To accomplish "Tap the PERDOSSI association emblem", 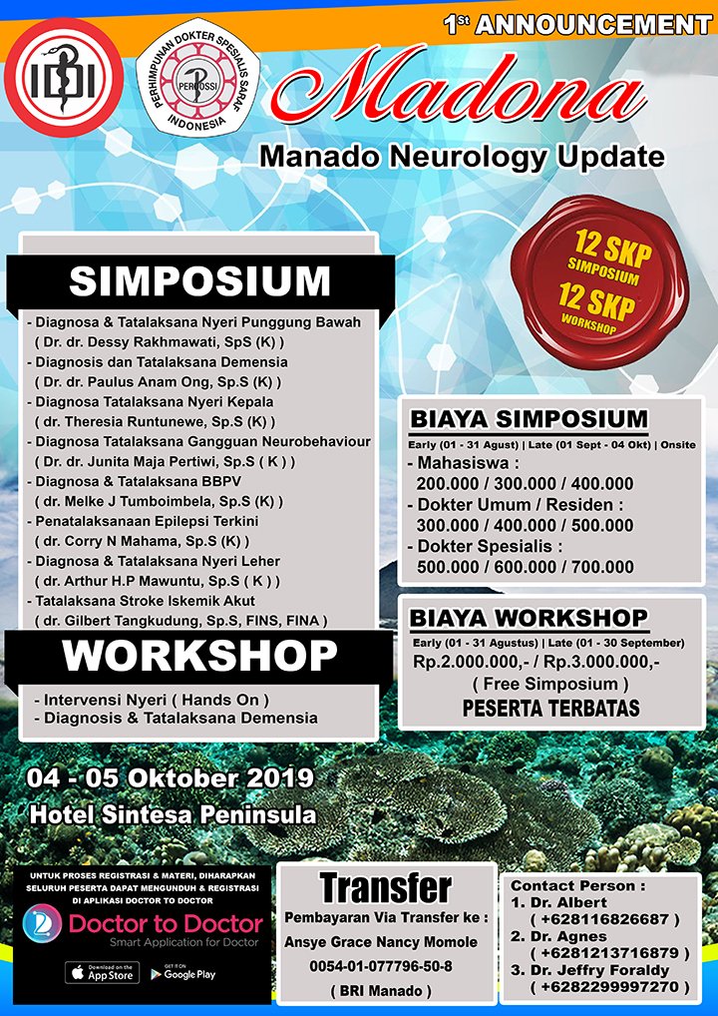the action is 198,83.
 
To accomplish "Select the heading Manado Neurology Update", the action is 462,158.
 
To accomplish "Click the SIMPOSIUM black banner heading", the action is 199,281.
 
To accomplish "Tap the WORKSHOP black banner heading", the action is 199,657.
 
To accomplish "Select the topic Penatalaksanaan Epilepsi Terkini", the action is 143,521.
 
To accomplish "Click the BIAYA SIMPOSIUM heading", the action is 529,418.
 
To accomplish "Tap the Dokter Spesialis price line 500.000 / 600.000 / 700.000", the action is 526,567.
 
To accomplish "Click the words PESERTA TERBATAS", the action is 550,709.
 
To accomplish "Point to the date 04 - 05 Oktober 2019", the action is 171,778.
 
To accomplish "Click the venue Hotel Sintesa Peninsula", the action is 174,814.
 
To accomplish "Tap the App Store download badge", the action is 103,973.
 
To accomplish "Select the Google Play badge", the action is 183,973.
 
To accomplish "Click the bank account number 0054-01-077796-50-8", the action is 381,966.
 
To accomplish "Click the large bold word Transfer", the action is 386,887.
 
